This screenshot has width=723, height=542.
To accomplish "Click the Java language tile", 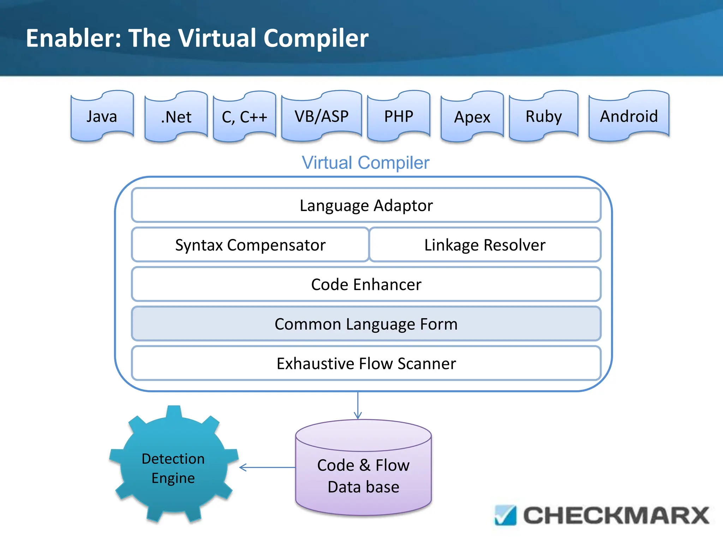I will click(x=102, y=116).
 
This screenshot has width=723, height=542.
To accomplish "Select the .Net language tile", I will click(x=176, y=117).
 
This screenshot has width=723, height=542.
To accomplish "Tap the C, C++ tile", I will click(x=244, y=117).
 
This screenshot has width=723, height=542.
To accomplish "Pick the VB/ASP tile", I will click(x=322, y=116).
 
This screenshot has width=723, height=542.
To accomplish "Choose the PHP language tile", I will click(x=399, y=116).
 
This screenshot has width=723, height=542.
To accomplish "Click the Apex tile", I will click(x=472, y=117).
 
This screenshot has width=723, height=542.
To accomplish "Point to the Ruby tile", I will click(x=543, y=116).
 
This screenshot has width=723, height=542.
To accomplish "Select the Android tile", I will click(x=629, y=116).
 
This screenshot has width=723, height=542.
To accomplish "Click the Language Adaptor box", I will click(x=366, y=205).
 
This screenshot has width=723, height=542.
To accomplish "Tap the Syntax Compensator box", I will click(x=250, y=245).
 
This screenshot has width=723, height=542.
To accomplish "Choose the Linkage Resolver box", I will click(x=485, y=245).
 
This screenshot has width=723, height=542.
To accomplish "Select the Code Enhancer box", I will click(x=366, y=284).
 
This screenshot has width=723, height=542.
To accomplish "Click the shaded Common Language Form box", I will click(x=366, y=324).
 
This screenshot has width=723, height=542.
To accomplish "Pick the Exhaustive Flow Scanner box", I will click(x=366, y=363).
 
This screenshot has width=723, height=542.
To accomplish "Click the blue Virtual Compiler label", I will click(x=365, y=163).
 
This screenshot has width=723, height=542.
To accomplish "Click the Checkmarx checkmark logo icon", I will click(x=505, y=516).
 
